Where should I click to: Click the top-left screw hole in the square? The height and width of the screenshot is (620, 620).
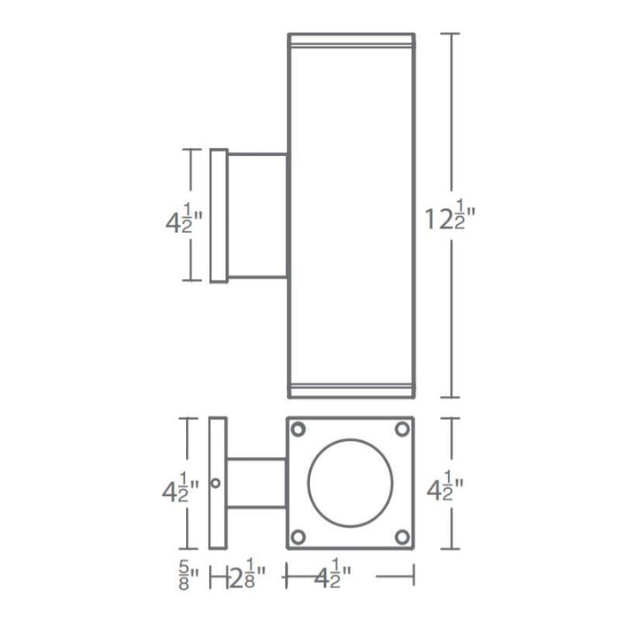[x=298, y=430]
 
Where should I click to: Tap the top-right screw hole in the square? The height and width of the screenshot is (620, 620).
[x=403, y=430]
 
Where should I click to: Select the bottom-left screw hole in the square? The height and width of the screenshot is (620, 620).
[x=298, y=535]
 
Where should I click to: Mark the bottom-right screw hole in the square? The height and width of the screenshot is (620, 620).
[x=403, y=535]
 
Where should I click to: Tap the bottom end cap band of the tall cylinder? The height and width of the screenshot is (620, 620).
[x=351, y=391]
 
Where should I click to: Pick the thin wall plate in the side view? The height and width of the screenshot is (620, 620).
[x=219, y=215]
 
